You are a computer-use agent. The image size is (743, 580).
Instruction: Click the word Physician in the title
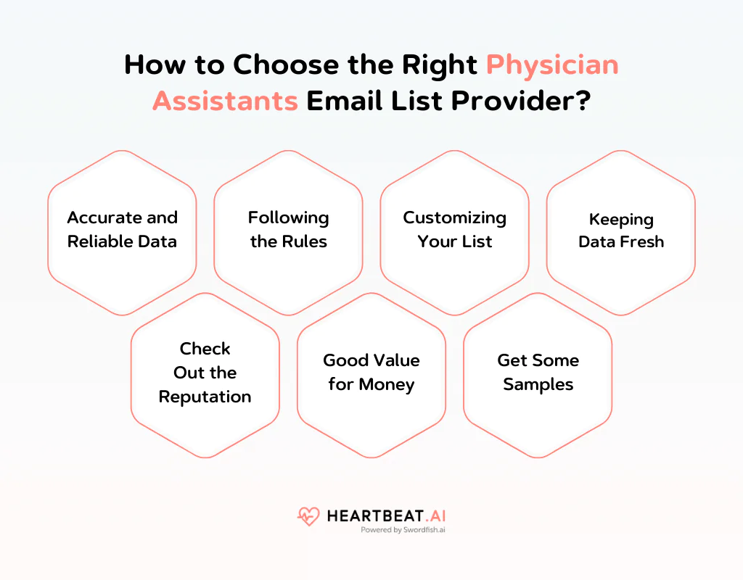[x=552, y=65]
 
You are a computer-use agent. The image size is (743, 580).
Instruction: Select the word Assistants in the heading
[x=225, y=101]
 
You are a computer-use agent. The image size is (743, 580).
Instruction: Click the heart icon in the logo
[x=308, y=516]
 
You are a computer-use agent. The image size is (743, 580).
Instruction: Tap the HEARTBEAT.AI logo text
[x=385, y=515]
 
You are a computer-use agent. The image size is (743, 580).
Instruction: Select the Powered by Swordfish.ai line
[x=403, y=530]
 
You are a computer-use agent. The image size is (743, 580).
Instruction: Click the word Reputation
[x=205, y=397]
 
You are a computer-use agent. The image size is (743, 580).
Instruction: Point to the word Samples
[x=538, y=385]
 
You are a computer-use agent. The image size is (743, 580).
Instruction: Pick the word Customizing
[x=455, y=217]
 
